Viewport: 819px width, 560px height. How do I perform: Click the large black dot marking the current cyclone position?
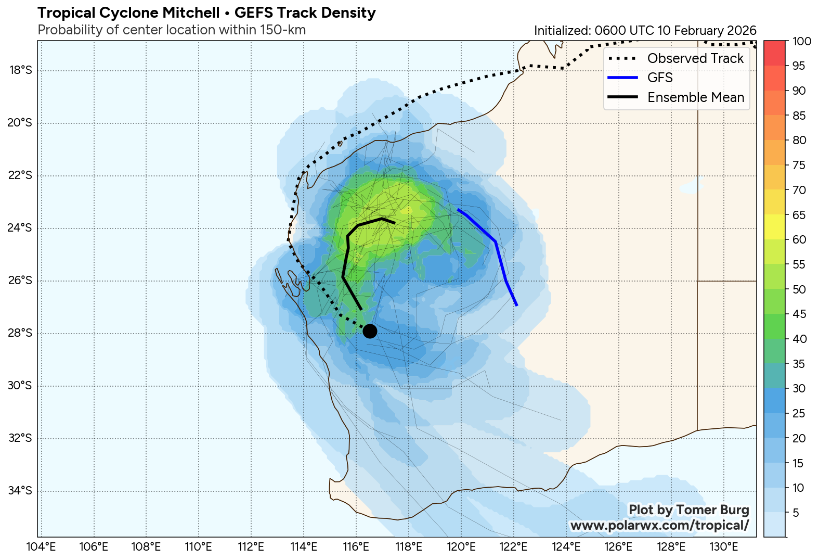(370, 330)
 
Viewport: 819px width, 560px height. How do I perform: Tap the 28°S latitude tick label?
(20, 333)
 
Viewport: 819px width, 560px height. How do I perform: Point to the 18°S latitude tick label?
(20, 70)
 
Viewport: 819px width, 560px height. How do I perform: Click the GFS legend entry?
(660, 78)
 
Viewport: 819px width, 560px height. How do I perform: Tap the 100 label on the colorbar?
(803, 42)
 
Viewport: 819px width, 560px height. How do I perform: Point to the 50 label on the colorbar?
(799, 289)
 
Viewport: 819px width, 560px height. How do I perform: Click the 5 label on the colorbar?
(796, 513)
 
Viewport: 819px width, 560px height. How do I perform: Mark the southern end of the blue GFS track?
(516, 305)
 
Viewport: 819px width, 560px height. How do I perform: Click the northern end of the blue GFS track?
(458, 209)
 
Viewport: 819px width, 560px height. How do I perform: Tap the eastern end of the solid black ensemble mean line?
(395, 223)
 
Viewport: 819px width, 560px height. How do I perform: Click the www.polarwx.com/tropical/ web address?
(659, 526)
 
